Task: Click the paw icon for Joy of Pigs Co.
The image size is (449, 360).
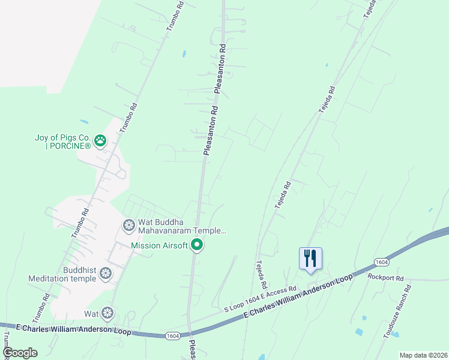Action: (100, 141)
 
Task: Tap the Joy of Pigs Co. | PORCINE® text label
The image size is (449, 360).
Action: (62, 142)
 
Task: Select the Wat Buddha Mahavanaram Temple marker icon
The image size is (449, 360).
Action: (128, 226)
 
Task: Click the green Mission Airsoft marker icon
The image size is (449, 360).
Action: (197, 245)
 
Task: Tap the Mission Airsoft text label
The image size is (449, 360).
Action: (160, 245)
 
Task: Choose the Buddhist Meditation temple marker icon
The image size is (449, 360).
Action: (106, 274)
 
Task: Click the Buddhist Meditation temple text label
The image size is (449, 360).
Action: (62, 274)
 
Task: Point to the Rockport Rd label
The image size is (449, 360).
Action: (387, 278)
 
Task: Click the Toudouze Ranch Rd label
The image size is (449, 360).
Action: (397, 311)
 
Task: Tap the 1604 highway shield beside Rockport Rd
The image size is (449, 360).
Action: (381, 262)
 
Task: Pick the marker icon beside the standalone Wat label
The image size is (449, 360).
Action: (107, 313)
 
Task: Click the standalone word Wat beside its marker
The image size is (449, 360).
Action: (91, 313)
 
